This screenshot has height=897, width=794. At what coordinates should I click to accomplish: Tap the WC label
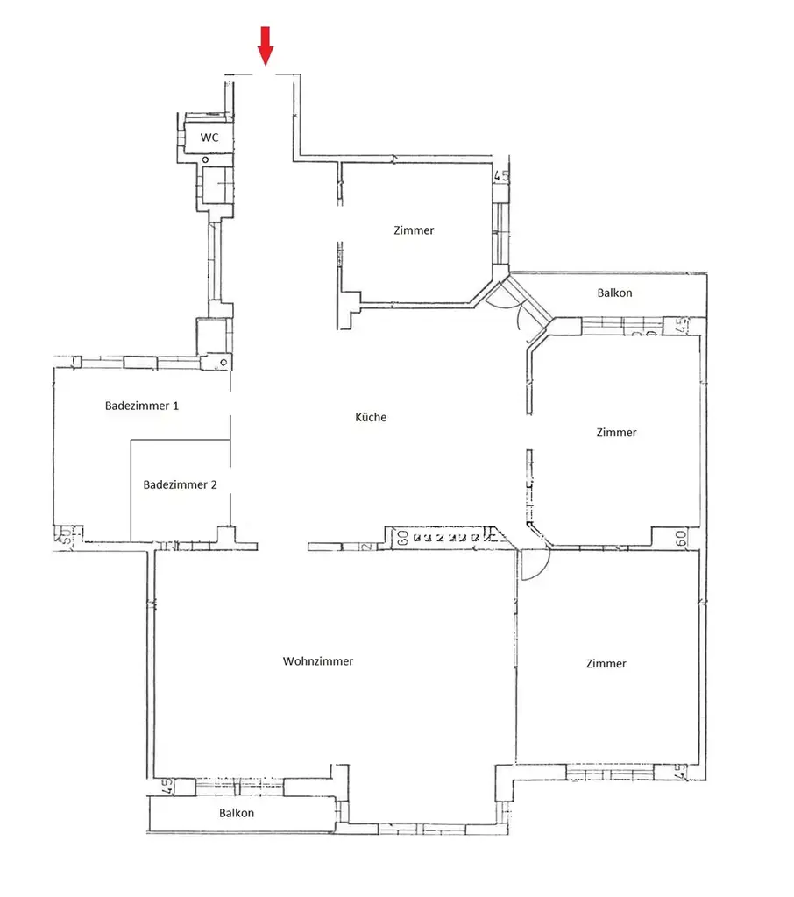(209, 138)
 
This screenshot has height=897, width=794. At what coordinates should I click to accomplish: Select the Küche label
(372, 418)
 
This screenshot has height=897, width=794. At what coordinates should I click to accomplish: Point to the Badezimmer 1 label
(142, 406)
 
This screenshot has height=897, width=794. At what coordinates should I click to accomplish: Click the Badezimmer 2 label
(180, 484)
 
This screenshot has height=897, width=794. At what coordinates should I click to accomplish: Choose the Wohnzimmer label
(318, 661)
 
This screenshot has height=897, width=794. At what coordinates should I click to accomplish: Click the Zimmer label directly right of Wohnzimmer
(606, 664)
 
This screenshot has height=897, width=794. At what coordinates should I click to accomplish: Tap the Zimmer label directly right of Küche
(616, 433)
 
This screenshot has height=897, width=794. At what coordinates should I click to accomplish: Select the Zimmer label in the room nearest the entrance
(414, 230)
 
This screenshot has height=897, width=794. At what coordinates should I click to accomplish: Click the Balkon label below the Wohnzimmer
(237, 813)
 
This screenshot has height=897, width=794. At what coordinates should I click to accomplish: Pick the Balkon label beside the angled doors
(614, 293)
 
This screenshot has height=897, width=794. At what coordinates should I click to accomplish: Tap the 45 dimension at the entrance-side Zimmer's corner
(501, 176)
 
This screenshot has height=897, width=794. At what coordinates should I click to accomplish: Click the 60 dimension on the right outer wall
(680, 537)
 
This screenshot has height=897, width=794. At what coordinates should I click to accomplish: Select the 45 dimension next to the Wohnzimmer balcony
(163, 786)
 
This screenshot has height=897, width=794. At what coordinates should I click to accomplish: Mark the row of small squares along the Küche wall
(446, 538)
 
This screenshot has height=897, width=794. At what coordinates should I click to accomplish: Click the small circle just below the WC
(205, 160)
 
